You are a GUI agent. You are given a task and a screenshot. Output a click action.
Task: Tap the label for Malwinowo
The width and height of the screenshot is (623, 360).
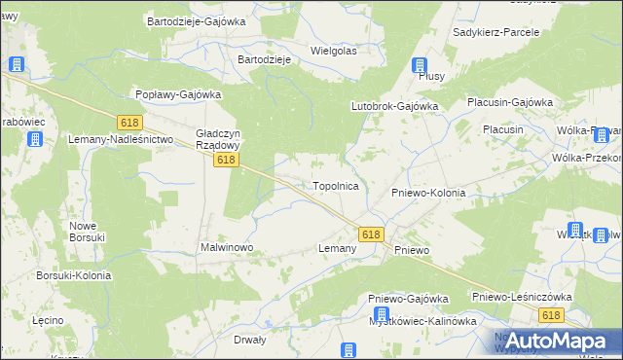pos(227,248)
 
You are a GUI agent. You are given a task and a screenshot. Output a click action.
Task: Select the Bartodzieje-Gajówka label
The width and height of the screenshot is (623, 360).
pos(196,20)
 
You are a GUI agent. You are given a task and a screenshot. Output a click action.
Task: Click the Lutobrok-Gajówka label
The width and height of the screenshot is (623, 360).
pos(394,106)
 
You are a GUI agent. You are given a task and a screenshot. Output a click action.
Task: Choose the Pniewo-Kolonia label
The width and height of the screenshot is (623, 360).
pos(428,193)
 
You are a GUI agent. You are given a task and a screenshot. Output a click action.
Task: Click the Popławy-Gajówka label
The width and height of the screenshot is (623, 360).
pos(179,94)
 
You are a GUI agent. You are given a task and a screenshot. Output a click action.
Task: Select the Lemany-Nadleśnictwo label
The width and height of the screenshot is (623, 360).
pos(120,140)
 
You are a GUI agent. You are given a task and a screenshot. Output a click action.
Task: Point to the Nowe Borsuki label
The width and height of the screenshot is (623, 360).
pos(89,232)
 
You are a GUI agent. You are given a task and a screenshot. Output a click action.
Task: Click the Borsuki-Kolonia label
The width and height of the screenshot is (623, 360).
pos(73,275)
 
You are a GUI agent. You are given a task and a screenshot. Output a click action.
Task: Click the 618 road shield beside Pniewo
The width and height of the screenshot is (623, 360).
pos(371,234)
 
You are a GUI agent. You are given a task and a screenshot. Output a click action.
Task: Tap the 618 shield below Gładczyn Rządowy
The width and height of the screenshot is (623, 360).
pos(226,160)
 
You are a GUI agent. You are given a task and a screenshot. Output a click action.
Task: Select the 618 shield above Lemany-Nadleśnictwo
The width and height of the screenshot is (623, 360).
pos(129,123)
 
